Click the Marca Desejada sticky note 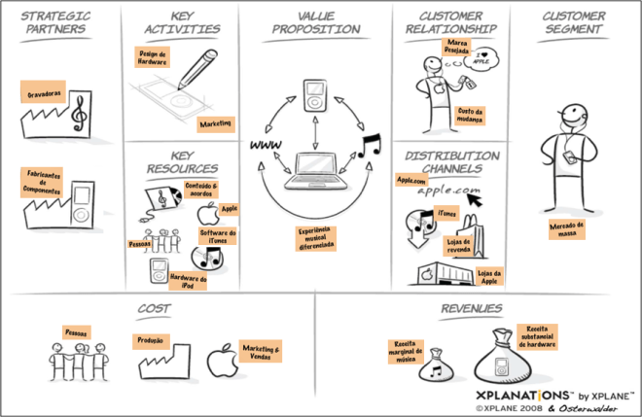pos(454,48)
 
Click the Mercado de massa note pos(564,228)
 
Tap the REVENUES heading pos(471,309)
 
